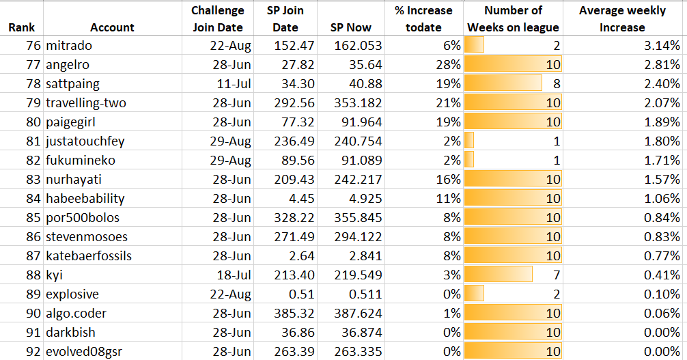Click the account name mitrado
point(69,45)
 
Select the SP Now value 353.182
point(358,102)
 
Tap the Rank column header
point(21,27)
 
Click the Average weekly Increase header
point(622,19)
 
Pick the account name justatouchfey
point(85,141)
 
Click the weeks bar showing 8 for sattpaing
point(503,83)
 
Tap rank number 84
point(33,198)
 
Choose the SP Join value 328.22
point(294,217)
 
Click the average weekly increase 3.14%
point(662,45)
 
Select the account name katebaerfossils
point(89,255)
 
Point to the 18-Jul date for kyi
point(234,275)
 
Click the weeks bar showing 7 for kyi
point(499,275)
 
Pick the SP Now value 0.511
point(365,294)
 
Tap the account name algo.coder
point(76,313)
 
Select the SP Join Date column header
point(285,19)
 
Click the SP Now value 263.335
point(358,351)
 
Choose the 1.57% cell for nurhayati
point(662,179)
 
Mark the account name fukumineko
point(81,160)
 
